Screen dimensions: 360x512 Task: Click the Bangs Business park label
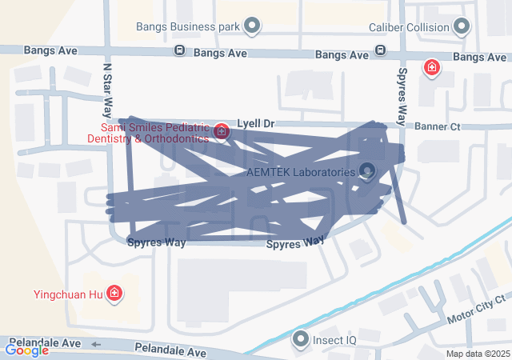188,27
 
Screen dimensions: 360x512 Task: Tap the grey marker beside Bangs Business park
253,27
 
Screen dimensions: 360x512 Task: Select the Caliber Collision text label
409,27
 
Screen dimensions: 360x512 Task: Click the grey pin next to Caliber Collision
462,27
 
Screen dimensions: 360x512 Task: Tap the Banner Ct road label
438,126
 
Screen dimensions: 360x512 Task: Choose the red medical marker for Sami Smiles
222,131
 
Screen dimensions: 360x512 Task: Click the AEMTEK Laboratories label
300,172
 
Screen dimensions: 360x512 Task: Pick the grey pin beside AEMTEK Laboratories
367,170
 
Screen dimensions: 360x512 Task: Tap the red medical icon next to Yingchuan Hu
114,294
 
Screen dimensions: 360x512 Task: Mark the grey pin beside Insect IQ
301,340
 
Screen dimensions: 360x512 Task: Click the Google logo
26,350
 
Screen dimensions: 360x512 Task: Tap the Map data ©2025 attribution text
478,354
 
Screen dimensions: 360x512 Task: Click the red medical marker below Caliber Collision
433,67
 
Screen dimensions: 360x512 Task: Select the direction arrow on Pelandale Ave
96,344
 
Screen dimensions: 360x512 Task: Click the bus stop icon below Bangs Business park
180,51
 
